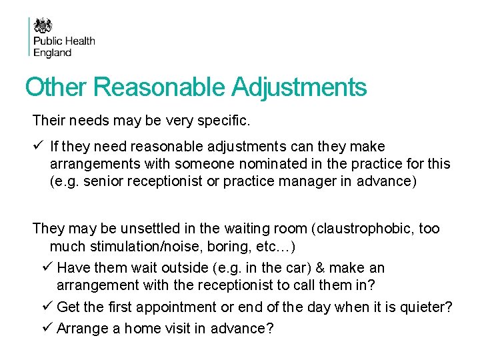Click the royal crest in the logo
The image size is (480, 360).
[43, 26]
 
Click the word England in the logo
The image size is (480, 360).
[53, 53]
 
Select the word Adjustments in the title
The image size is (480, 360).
[299, 87]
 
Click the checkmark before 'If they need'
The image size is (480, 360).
[37, 146]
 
